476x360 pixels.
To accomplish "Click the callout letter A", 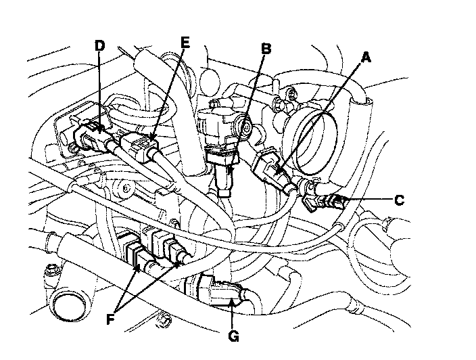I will [366, 58].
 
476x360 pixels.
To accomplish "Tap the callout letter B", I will [266, 48].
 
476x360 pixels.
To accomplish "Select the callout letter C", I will [399, 200].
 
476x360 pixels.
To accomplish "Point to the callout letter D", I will [99, 45].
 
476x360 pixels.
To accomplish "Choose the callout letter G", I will [233, 334].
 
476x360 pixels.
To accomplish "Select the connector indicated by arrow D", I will [91, 133].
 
